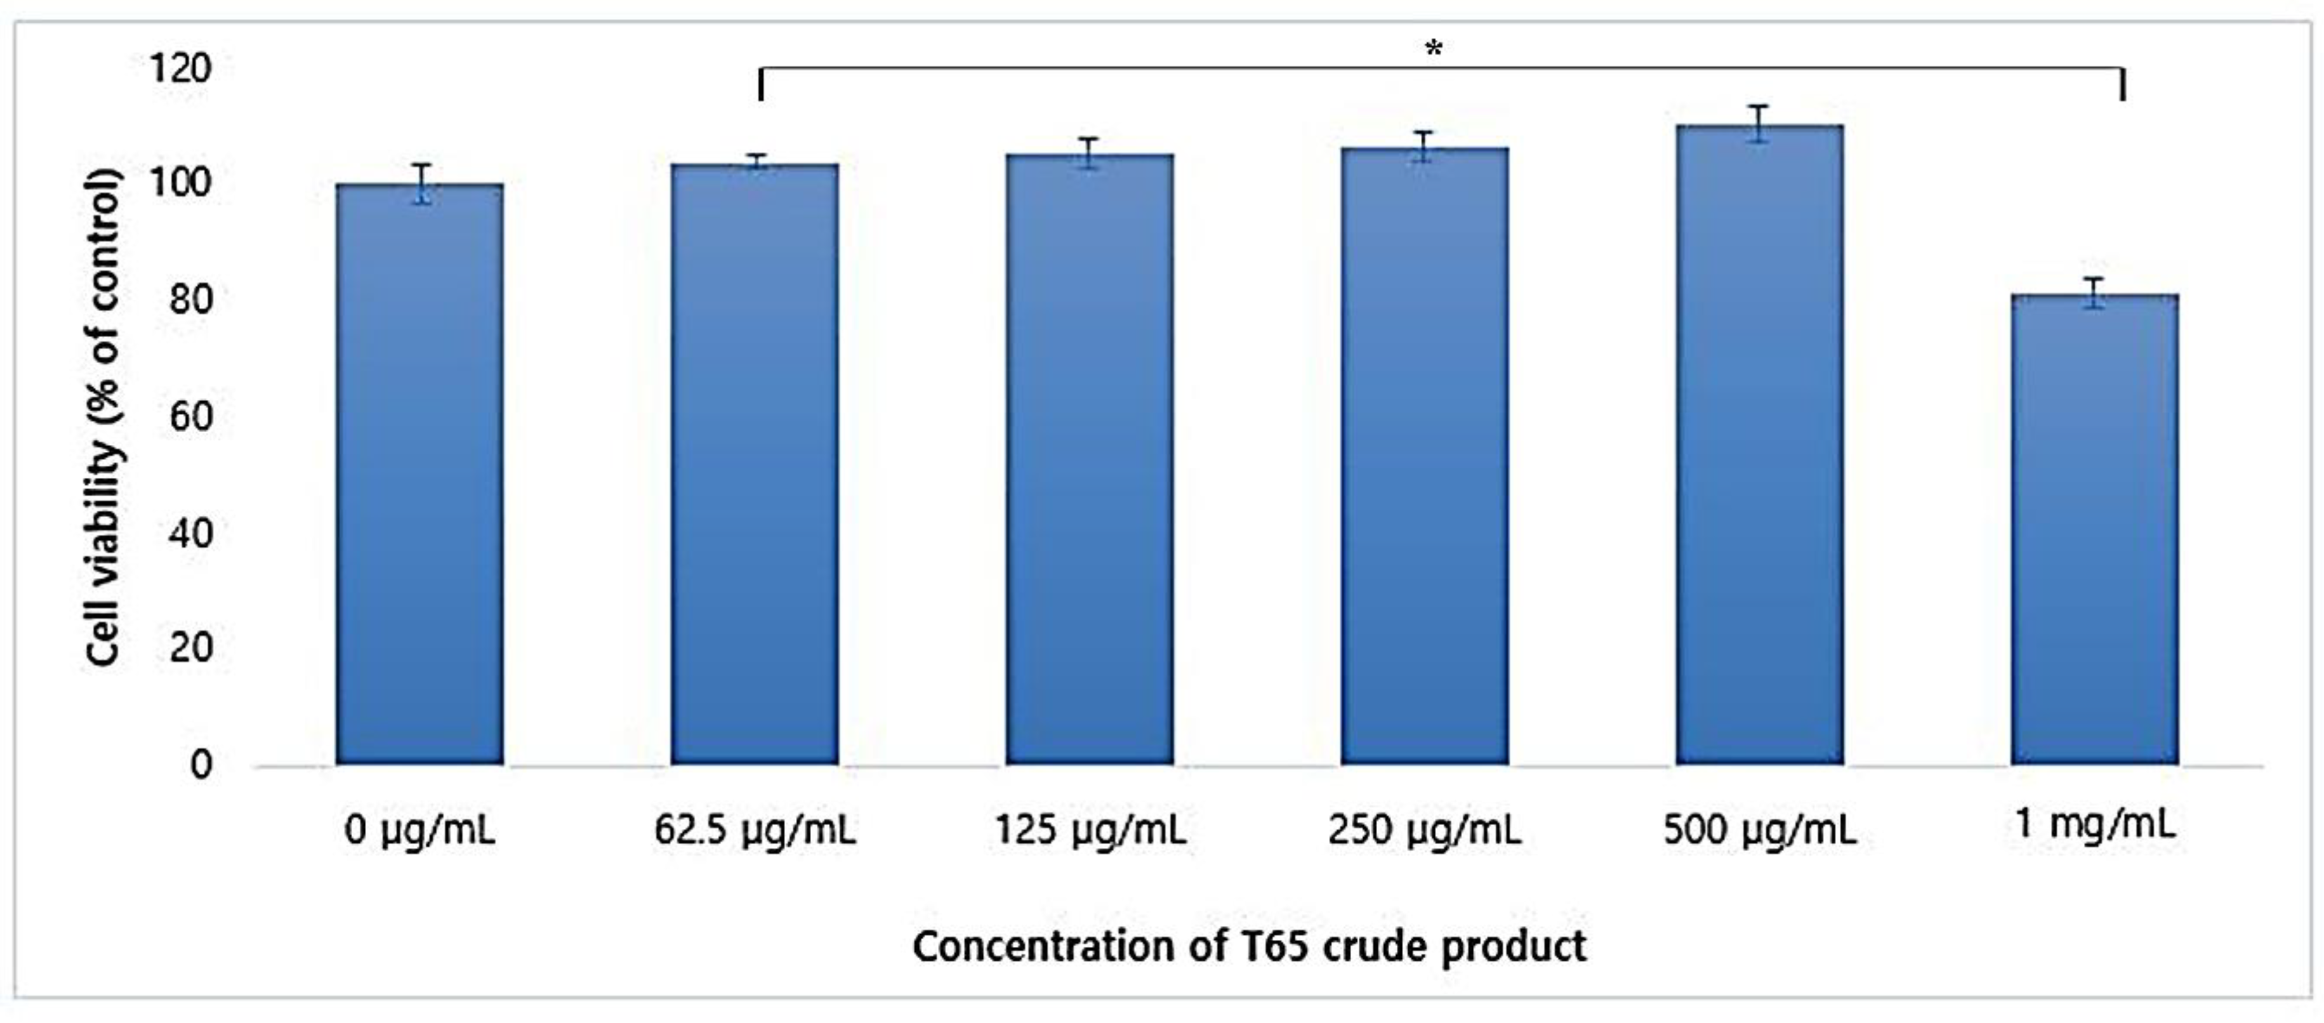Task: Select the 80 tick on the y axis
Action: pos(190,300)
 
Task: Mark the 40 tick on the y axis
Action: pos(190,532)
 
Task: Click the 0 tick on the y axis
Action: pos(201,765)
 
